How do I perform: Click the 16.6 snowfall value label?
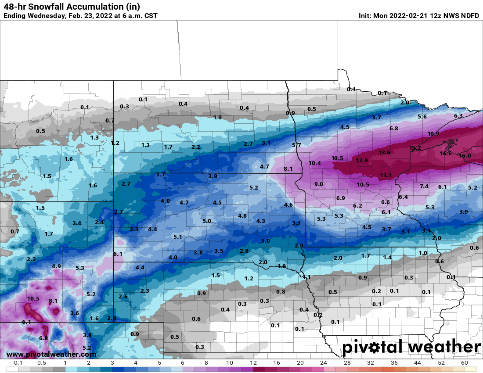coord(445,153)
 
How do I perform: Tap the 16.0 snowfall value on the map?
coord(465,155)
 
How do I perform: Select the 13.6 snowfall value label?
coord(384,152)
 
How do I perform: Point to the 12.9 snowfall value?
coord(362,160)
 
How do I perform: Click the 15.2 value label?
coord(415,148)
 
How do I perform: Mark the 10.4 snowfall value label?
coord(315,163)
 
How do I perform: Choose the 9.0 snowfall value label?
coord(319,184)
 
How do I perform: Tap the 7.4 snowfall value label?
coord(424,186)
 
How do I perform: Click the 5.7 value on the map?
coord(297,145)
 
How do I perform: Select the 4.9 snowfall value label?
coord(56,266)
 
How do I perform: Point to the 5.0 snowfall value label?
coord(206,221)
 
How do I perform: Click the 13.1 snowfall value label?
coord(386,175)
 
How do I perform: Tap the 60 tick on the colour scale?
coord(465,363)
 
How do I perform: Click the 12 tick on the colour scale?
coord(253,363)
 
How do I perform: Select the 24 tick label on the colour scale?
coord(324,363)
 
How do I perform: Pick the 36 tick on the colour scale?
coord(394,363)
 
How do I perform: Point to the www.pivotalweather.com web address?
coord(51,354)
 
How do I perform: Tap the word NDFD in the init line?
coord(469,16)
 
